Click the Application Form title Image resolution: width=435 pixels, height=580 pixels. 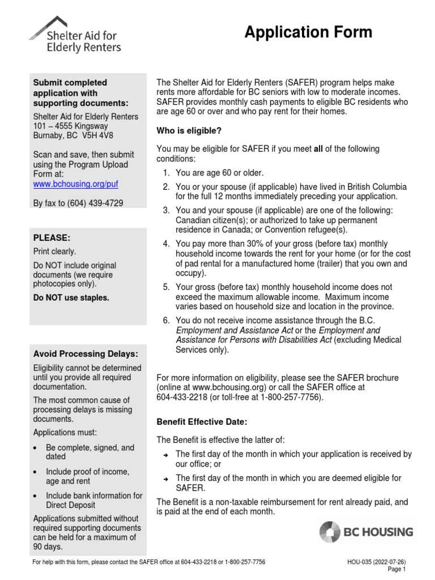[308, 32]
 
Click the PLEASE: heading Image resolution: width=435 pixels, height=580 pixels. [52, 238]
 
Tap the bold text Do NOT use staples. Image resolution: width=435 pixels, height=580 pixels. [70, 297]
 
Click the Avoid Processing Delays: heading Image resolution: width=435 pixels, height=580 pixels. [85, 354]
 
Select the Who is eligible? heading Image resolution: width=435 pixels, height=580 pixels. [189, 131]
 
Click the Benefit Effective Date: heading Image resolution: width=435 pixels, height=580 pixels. [202, 422]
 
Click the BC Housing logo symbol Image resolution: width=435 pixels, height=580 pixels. [330, 532]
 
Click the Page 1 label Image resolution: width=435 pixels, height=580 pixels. [397, 569]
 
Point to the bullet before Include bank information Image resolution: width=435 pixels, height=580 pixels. [36, 496]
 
